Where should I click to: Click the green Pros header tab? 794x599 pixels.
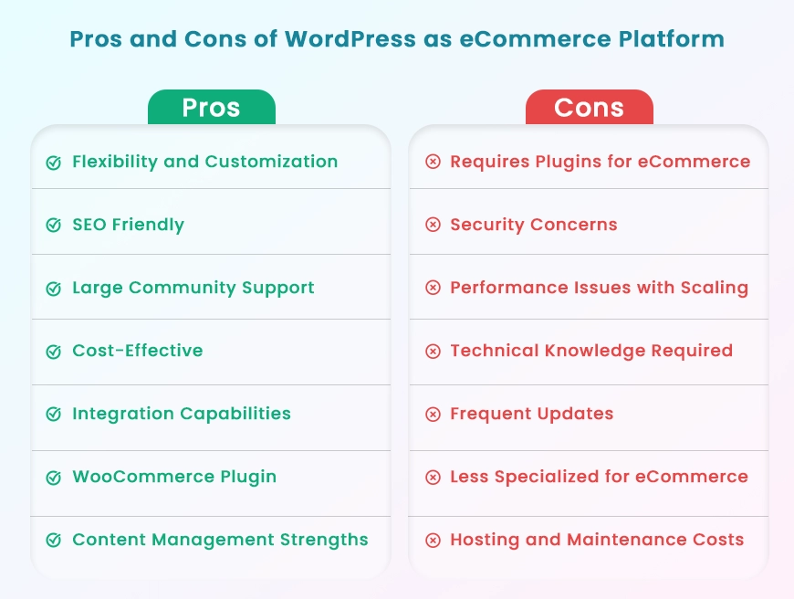point(212,107)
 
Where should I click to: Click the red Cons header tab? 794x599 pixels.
point(590,107)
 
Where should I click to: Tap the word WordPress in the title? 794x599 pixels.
point(350,39)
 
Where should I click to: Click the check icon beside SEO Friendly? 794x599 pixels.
point(54,225)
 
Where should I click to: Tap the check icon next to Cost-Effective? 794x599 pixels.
point(54,351)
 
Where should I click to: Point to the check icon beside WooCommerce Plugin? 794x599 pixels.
point(54,477)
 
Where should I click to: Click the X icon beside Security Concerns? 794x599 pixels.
point(433,225)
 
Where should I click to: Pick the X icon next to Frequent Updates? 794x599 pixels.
point(433,414)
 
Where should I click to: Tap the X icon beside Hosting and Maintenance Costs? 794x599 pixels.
point(433,541)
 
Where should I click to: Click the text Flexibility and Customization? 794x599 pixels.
point(205,162)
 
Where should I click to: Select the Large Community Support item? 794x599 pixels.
point(193,288)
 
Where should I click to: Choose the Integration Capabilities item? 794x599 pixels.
point(182,414)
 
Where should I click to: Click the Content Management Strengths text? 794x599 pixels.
point(220,541)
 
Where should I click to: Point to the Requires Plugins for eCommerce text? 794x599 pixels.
point(600,162)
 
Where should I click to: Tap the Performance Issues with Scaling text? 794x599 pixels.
point(599,288)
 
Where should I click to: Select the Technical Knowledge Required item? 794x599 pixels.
point(591,351)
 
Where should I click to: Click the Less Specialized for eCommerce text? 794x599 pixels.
point(599,477)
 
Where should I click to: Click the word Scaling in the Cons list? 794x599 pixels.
point(715,288)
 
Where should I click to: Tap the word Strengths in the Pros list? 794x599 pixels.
point(324,541)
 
